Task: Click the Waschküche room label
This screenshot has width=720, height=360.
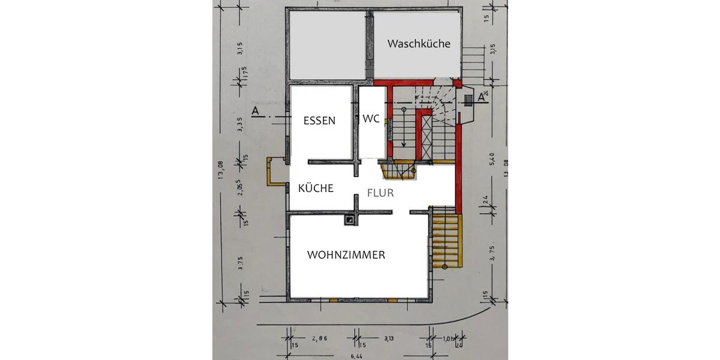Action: point(418,44)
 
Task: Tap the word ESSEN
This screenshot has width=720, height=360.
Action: point(319,120)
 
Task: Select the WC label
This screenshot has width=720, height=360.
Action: point(371,119)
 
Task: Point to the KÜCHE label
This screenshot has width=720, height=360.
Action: point(316,188)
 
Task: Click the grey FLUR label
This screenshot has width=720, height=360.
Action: point(380,193)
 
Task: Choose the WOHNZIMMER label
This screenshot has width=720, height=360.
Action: point(346,255)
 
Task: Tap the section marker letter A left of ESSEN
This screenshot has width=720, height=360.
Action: point(255,111)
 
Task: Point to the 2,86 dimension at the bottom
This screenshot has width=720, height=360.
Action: point(320,339)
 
